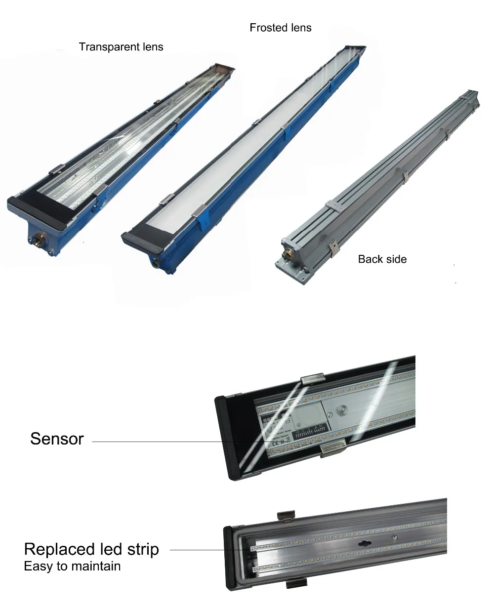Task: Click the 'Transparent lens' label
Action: [x=121, y=47]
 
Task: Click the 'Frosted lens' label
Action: [x=281, y=28]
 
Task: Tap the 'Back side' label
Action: [x=382, y=259]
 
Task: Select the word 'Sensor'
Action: [x=57, y=439]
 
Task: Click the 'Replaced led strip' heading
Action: [x=91, y=549]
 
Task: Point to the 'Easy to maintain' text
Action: [x=72, y=566]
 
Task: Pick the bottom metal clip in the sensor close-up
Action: [x=333, y=447]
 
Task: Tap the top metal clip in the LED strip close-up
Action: [x=286, y=516]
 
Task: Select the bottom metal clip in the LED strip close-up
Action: [x=296, y=583]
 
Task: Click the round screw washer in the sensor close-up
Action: [x=341, y=409]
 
